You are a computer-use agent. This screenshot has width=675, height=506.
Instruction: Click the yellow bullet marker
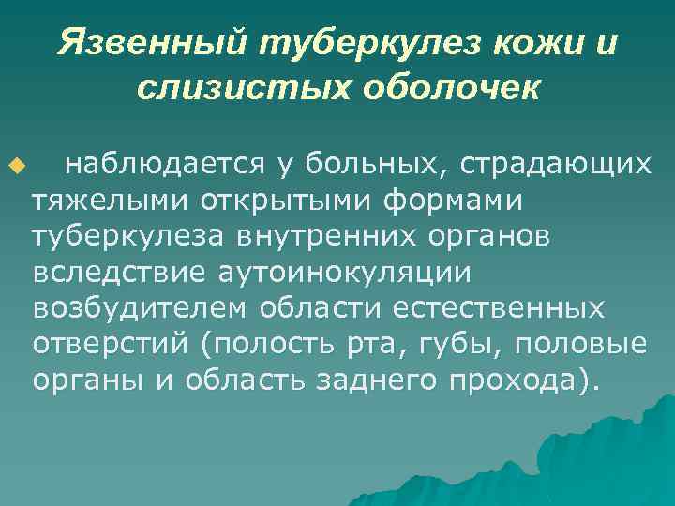tap(12, 168)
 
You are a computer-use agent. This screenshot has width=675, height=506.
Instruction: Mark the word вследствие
tap(116, 272)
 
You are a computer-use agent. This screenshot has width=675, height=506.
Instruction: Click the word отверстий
tap(111, 343)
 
